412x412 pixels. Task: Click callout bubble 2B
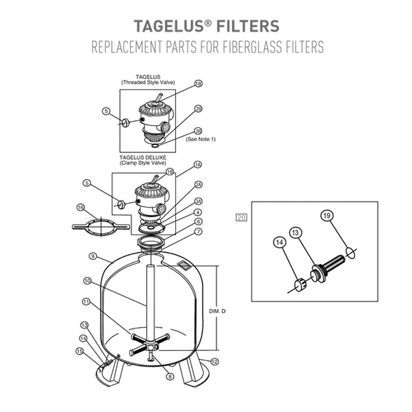(x=198, y=109)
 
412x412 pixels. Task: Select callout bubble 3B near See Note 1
(x=198, y=131)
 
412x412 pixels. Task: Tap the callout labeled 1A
(x=197, y=165)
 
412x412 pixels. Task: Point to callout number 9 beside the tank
(x=93, y=255)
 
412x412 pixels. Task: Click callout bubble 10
(x=88, y=281)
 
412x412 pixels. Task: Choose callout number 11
(x=85, y=301)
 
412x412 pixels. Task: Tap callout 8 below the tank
(x=169, y=376)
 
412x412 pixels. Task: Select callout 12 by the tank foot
(x=215, y=362)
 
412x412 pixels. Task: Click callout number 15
(x=79, y=351)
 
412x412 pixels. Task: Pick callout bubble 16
(x=80, y=207)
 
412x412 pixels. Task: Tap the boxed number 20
(x=241, y=218)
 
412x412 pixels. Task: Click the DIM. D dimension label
(x=216, y=311)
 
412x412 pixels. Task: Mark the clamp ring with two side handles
(x=100, y=226)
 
